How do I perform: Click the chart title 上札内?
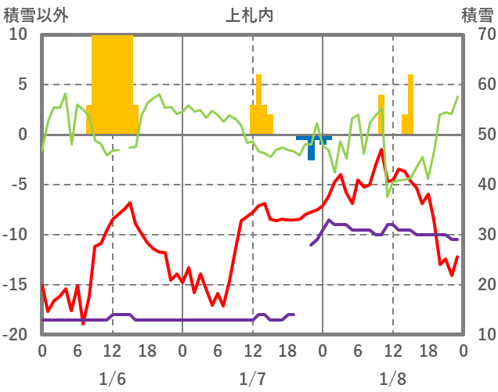point(249,15)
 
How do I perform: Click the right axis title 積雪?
point(476,15)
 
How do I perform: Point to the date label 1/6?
point(112,379)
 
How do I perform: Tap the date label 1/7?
point(252,379)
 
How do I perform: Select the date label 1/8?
point(392,379)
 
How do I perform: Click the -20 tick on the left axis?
point(16,335)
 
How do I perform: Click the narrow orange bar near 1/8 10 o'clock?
point(381,114)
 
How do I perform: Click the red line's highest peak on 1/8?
point(381,149)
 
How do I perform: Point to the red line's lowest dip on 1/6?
point(83,323)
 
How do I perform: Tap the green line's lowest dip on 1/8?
point(387,196)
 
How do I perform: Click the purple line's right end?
point(456,239)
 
